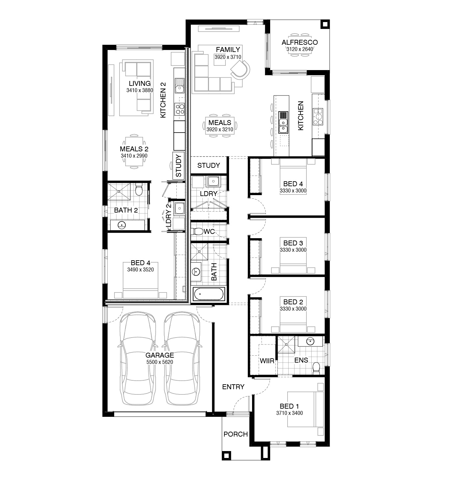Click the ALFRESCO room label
(x=299, y=42)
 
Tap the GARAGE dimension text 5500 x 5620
(x=160, y=362)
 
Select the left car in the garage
(x=138, y=359)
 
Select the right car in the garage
(x=182, y=359)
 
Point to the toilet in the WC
(x=197, y=232)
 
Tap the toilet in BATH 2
(x=139, y=190)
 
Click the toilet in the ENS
(x=316, y=368)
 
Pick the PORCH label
(x=236, y=434)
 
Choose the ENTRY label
(x=233, y=387)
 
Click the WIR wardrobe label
(x=267, y=361)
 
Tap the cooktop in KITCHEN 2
(x=180, y=109)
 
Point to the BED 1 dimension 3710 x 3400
(x=289, y=413)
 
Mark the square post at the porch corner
(x=226, y=455)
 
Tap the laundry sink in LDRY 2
(x=179, y=208)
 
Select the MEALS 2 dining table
(x=134, y=151)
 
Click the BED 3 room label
(x=293, y=243)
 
